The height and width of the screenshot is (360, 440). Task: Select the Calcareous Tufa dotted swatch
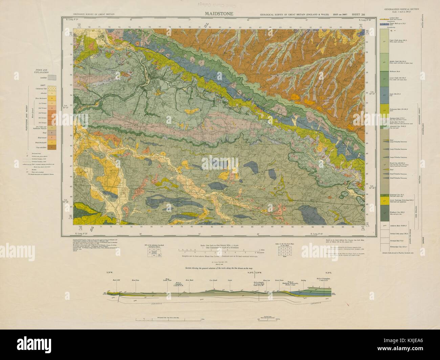[51, 89]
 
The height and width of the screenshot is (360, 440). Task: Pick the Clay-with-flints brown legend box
[51, 148]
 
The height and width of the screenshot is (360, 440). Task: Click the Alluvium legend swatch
[51, 93]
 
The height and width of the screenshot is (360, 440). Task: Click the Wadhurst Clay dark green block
[385, 213]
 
